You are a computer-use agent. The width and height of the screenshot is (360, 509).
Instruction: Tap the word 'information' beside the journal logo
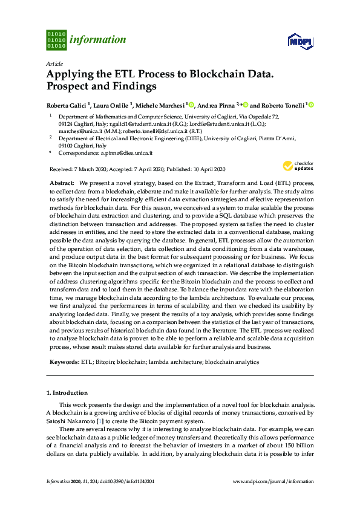[x=97, y=40]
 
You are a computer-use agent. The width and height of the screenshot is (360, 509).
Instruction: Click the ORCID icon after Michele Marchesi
[x=192, y=105]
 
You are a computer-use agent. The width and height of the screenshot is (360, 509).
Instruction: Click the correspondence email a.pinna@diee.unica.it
[x=126, y=154]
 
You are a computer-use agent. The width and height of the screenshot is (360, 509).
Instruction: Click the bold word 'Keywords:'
[x=64, y=361]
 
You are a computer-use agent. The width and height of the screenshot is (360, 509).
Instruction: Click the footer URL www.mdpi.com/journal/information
[x=273, y=481]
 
